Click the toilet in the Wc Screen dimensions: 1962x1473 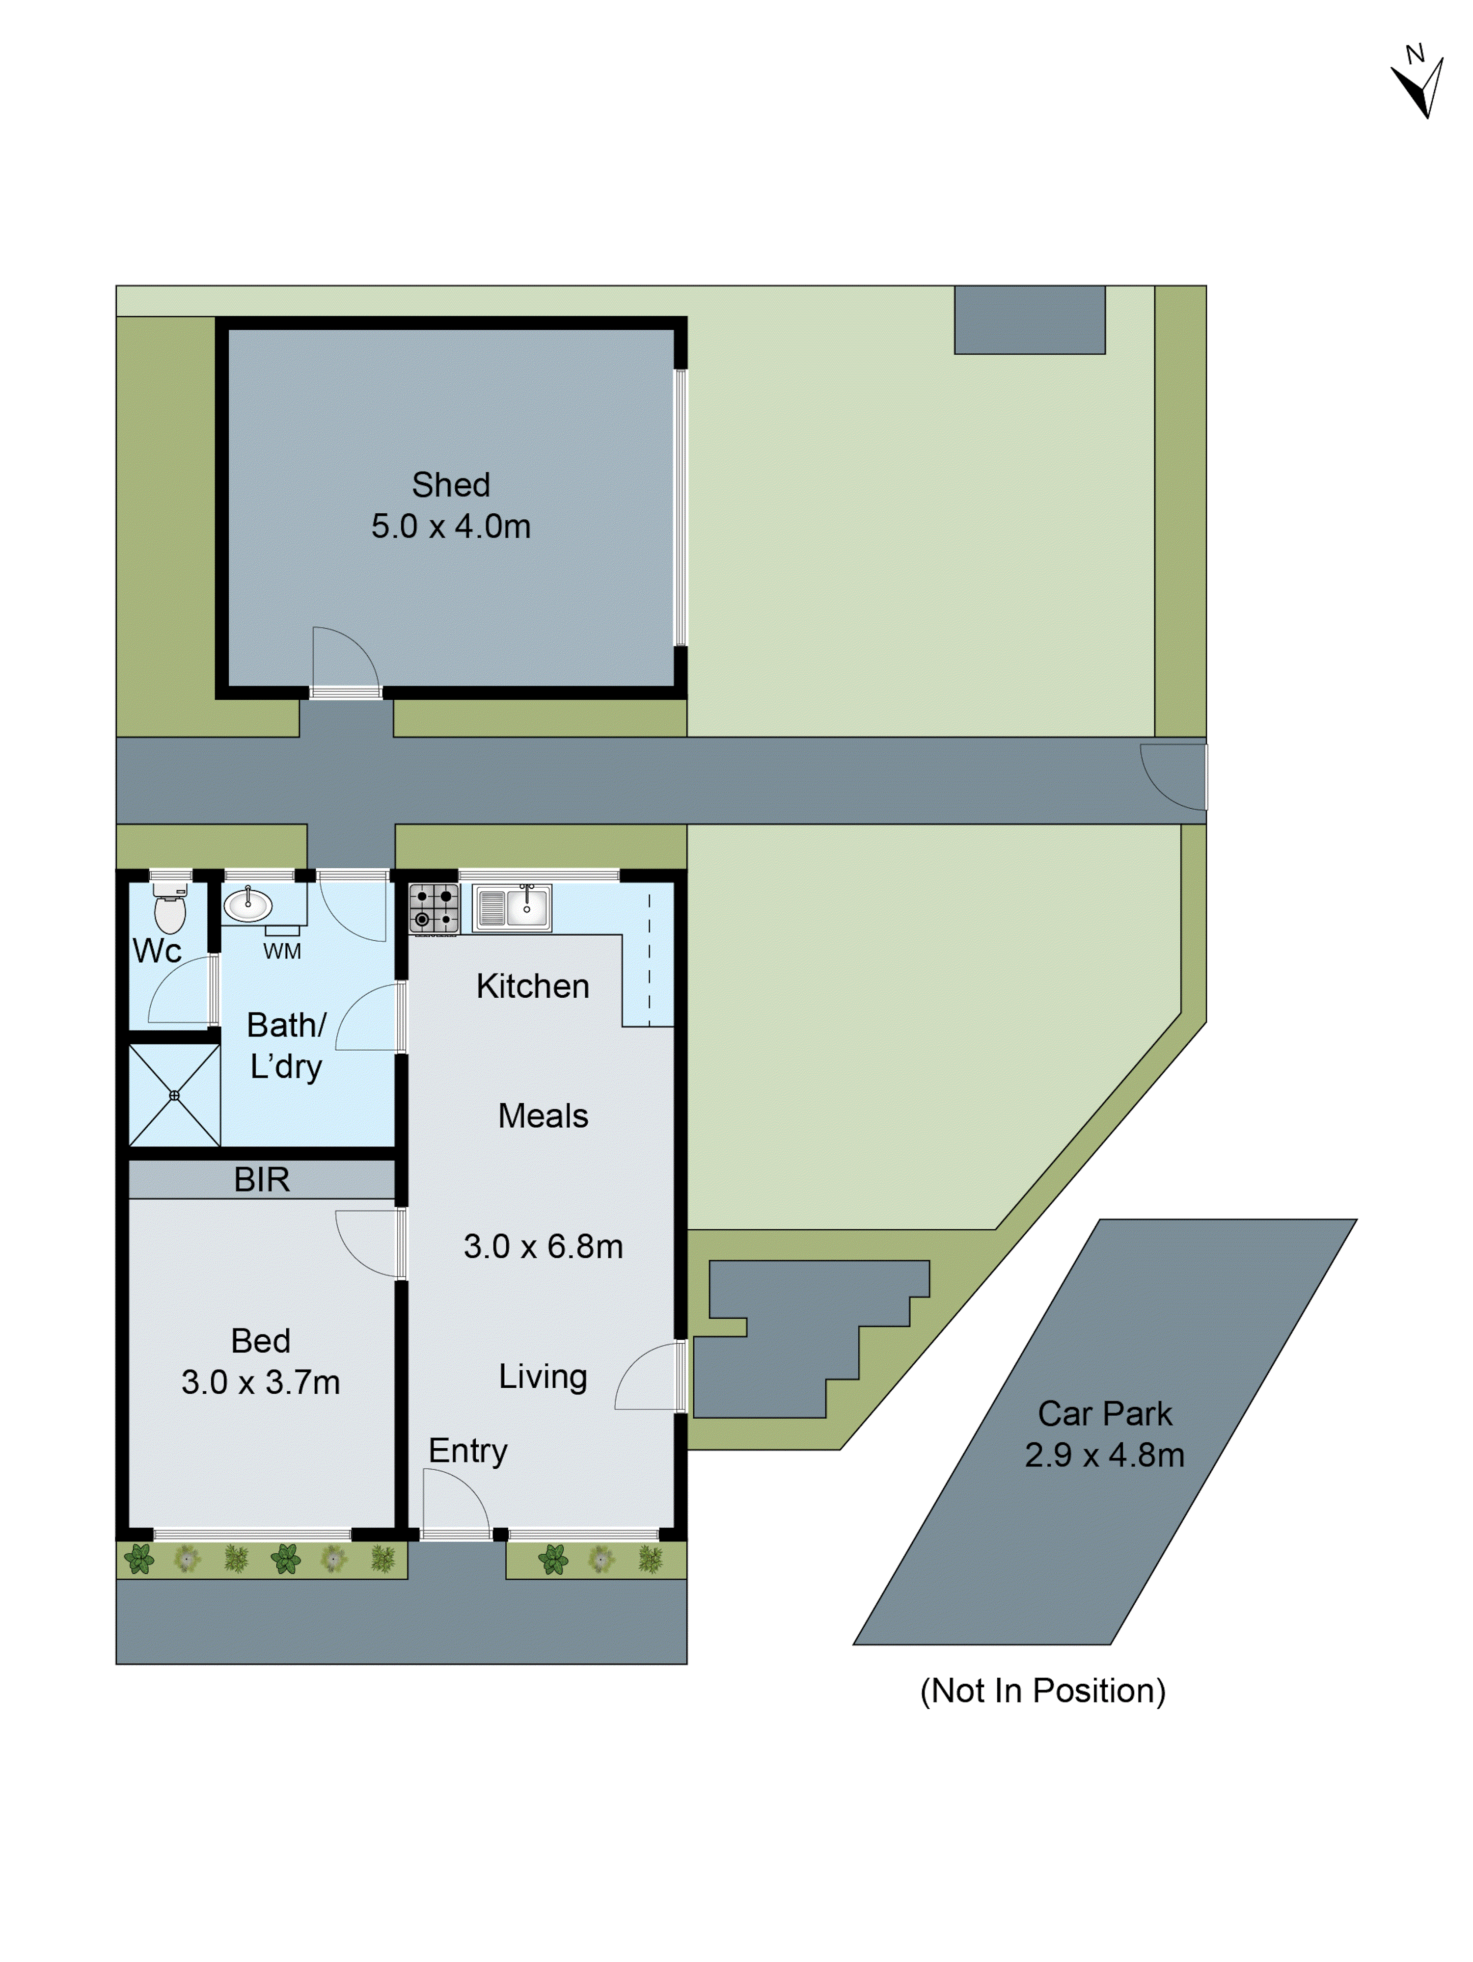point(169,909)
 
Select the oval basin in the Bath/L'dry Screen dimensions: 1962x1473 point(247,905)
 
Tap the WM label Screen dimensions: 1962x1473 point(282,952)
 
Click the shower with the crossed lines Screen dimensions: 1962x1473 point(174,1095)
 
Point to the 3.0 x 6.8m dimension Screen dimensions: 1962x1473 point(543,1246)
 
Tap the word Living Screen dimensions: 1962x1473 point(543,1377)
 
